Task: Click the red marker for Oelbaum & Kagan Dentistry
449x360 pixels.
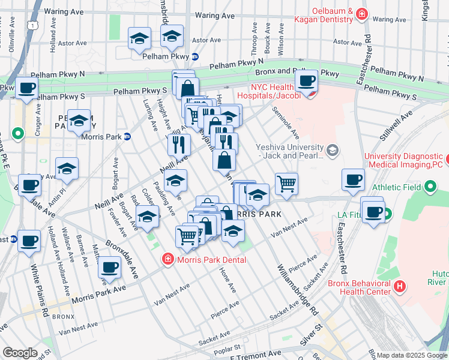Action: [x=361, y=13]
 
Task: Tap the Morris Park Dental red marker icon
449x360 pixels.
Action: [x=167, y=259]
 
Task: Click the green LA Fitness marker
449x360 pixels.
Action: [x=387, y=214]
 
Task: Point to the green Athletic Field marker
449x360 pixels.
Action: [x=430, y=188]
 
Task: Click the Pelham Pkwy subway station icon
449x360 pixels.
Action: [x=194, y=57]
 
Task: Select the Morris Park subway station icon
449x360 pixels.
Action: [x=127, y=137]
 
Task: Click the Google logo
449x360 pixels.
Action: [x=20, y=353]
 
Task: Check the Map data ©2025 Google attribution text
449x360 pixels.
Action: [x=412, y=355]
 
